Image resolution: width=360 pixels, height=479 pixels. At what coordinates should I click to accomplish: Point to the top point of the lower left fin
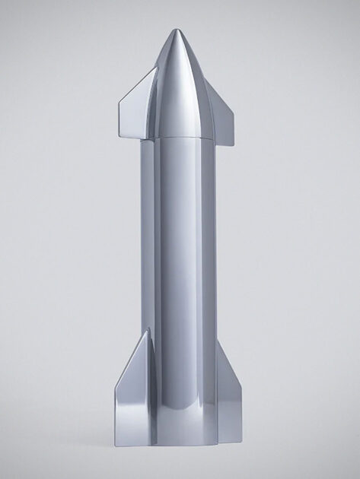coord(146,331)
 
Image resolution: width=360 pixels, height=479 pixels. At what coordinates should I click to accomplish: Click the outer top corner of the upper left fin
coord(119,101)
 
